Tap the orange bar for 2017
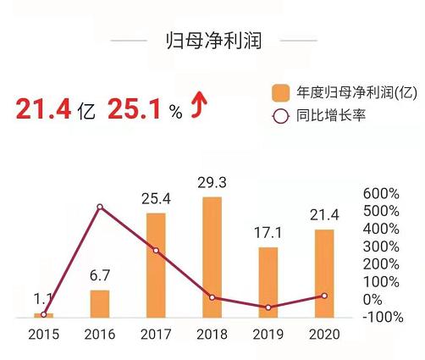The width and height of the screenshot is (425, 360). (x=156, y=265)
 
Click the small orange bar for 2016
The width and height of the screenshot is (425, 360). (x=100, y=303)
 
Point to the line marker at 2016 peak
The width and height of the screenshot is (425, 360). (x=100, y=208)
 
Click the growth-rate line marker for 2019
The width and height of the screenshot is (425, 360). (x=268, y=307)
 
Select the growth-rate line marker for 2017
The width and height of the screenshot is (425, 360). (x=156, y=251)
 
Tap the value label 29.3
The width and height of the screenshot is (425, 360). (x=212, y=184)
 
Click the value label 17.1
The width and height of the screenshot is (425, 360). (x=268, y=232)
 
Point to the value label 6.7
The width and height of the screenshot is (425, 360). (x=100, y=277)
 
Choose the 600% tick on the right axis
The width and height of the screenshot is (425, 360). (x=378, y=193)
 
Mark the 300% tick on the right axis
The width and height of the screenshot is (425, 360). (x=378, y=246)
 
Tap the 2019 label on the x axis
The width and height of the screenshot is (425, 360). (x=268, y=334)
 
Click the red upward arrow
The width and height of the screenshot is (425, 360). (x=200, y=108)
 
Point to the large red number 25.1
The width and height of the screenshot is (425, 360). (x=135, y=109)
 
